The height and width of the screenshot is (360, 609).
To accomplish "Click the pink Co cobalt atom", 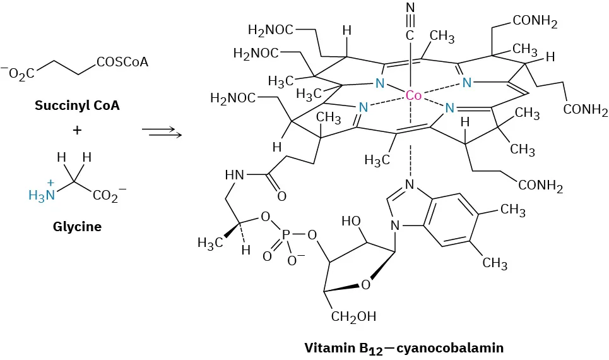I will tap(413, 96).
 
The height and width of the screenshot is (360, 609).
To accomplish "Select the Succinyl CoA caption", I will tap(77, 105).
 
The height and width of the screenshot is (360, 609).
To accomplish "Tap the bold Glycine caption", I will tap(77, 226).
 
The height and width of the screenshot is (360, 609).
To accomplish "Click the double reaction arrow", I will tap(162, 131).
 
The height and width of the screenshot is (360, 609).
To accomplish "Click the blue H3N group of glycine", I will tap(43, 195).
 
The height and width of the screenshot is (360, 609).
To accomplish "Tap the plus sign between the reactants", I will tap(77, 130).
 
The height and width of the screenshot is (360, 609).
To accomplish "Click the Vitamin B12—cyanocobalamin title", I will tap(404, 347).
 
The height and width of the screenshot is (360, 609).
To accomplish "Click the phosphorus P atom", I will tap(287, 234).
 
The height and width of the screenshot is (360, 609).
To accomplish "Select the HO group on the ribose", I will tap(351, 222).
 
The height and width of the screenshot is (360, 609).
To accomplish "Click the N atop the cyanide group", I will tap(410, 8).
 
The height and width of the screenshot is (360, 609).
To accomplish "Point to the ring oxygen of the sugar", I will tap(365, 285).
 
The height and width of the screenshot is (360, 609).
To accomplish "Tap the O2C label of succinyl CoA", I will tap(20, 75).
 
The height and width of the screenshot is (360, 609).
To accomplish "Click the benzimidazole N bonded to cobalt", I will tap(410, 184).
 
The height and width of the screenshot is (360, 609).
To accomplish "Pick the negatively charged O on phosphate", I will tap(294, 259).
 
